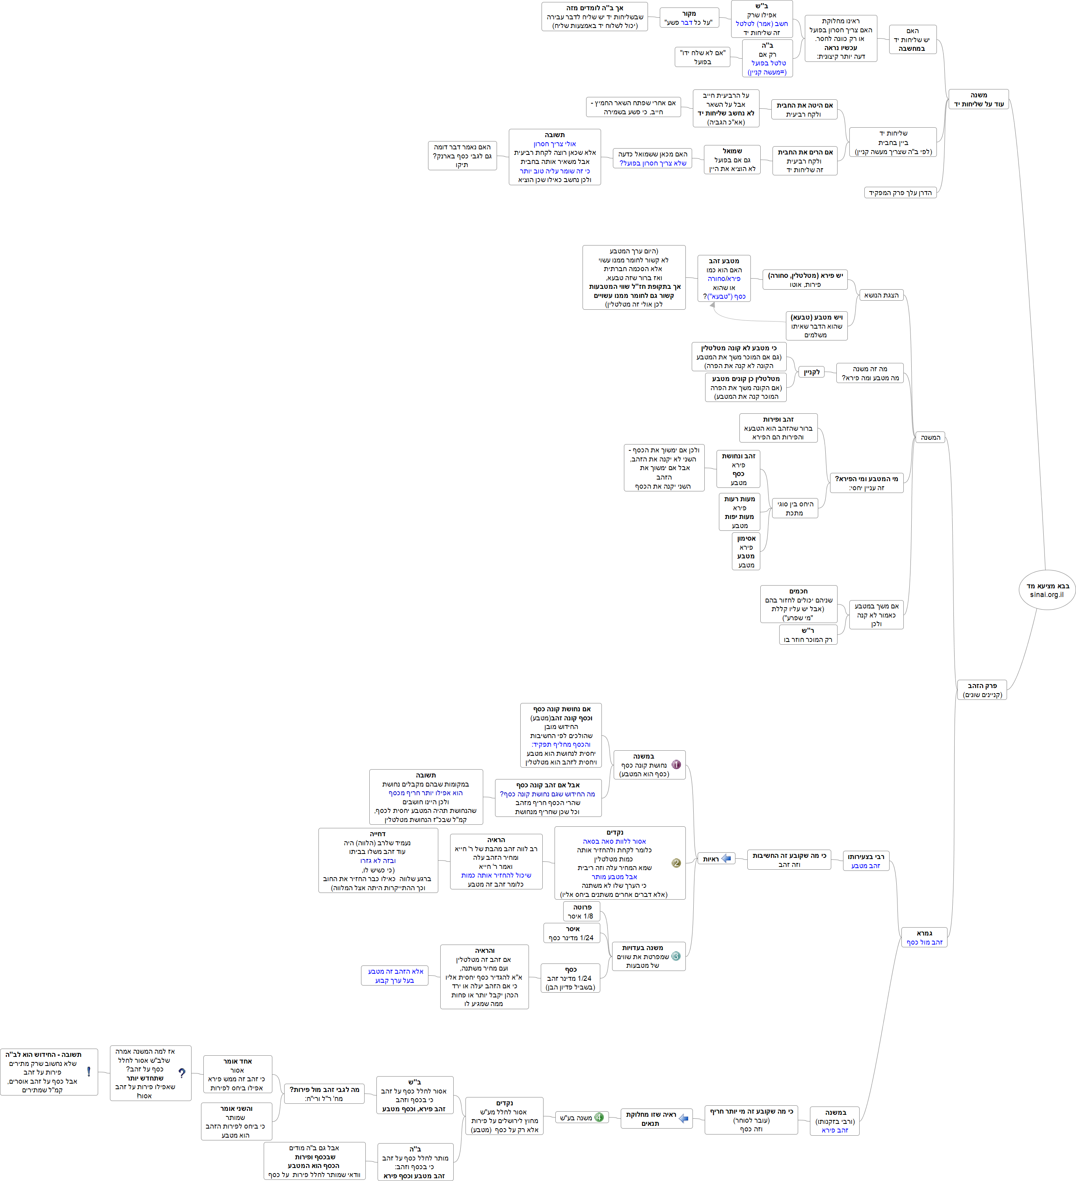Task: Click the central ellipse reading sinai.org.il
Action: click(x=1047, y=590)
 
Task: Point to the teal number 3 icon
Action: click(x=676, y=956)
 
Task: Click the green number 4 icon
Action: click(x=599, y=1117)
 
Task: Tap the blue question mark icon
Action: click(x=182, y=1073)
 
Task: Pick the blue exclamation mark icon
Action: click(x=89, y=1071)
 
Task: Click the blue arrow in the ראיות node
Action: click(x=726, y=859)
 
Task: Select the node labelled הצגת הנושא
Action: click(x=881, y=295)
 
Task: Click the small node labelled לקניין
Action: click(x=812, y=372)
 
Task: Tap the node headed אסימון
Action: click(x=746, y=551)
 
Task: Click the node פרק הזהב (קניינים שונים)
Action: click(x=982, y=690)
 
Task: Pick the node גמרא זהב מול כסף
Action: click(x=924, y=937)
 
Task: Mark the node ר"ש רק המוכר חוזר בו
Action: click(x=808, y=635)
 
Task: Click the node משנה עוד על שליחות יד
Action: click(x=978, y=100)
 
